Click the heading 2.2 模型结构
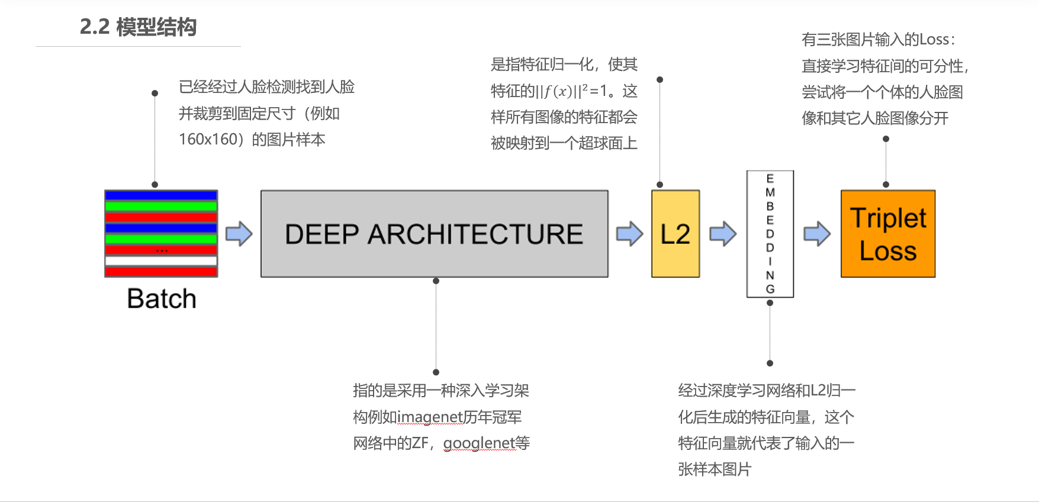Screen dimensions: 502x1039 (138, 27)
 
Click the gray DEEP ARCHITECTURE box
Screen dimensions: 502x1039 (434, 234)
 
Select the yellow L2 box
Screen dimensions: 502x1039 (675, 234)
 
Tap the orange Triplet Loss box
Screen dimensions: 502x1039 (888, 234)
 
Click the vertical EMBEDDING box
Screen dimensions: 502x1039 (770, 234)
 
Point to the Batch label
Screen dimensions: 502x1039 (161, 299)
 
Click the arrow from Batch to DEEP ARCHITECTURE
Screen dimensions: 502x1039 (239, 234)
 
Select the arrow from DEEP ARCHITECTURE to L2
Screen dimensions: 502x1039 (629, 234)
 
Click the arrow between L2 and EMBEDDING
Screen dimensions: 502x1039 (723, 234)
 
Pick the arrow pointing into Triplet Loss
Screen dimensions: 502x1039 (817, 234)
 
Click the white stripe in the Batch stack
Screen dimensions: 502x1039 (161, 260)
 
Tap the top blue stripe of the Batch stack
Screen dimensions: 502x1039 (161, 195)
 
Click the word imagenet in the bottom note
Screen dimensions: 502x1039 (429, 417)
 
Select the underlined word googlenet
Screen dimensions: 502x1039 (478, 443)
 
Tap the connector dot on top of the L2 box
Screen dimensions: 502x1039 (660, 185)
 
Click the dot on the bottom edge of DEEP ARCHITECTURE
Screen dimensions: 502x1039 (436, 281)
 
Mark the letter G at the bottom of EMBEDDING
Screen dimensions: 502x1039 (770, 289)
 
